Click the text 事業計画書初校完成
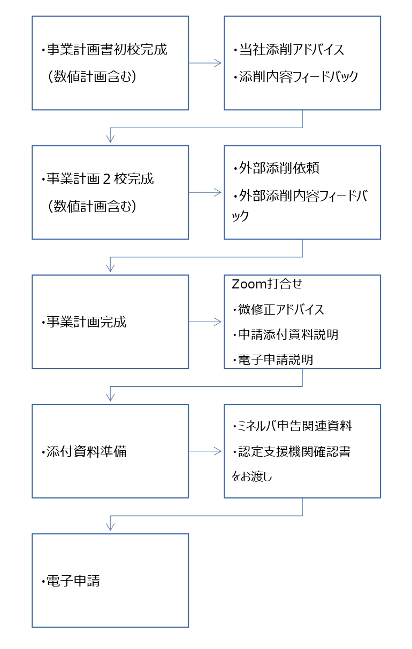[107, 50]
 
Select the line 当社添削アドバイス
[291, 50]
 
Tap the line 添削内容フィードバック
[298, 77]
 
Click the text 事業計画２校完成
[100, 179]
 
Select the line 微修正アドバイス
[281, 309]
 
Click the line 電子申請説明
[276, 359]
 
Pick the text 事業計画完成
[86, 322]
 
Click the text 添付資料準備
[86, 451]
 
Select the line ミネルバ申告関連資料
[295, 426]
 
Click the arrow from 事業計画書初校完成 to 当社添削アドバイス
[205, 63]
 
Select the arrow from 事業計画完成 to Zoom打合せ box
[205, 322]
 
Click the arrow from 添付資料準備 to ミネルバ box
[205, 451]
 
